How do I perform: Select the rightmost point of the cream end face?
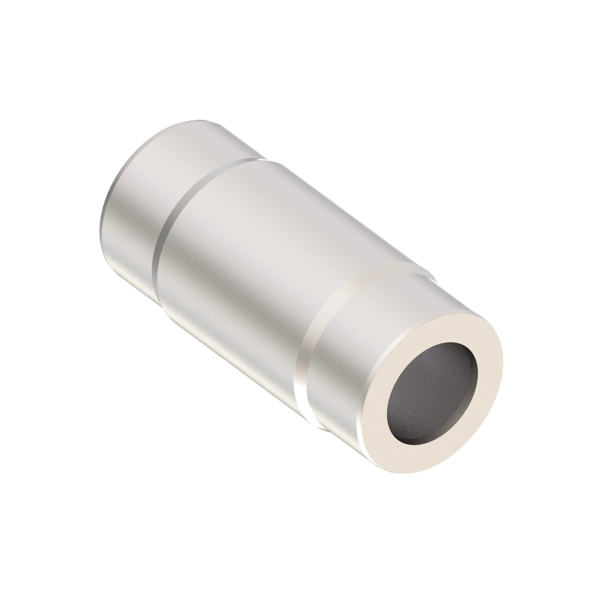point(503,362)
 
